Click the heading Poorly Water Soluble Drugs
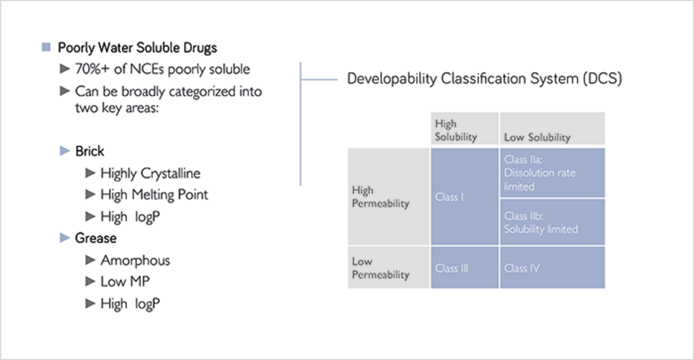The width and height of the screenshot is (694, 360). coord(137,48)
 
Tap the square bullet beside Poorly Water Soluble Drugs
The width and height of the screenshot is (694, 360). coord(46,47)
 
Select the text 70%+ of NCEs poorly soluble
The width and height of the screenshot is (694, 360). coord(162,69)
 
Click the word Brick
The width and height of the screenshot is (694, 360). coord(90,151)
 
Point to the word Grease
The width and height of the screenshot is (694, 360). coord(96,238)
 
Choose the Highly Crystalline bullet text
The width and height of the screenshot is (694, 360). coord(151,173)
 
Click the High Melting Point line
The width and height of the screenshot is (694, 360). coord(154,195)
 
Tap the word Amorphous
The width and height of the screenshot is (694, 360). coord(135,260)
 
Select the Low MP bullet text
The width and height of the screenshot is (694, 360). coord(125,282)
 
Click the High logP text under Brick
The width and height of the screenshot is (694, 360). coord(130,216)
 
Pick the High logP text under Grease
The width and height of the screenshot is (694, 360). coord(130,304)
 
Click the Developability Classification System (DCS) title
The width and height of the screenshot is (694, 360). coord(484,78)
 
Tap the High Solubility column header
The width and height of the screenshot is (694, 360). coord(465,128)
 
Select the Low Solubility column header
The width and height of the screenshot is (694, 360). coord(552,128)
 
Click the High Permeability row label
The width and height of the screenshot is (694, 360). coord(389,196)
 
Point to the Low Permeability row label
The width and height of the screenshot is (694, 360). coord(389,268)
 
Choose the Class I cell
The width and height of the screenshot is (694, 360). coord(465,196)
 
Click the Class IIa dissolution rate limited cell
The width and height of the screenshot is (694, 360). coord(552,173)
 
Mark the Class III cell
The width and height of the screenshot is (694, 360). coord(465,268)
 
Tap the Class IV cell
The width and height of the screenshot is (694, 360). coord(552,268)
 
